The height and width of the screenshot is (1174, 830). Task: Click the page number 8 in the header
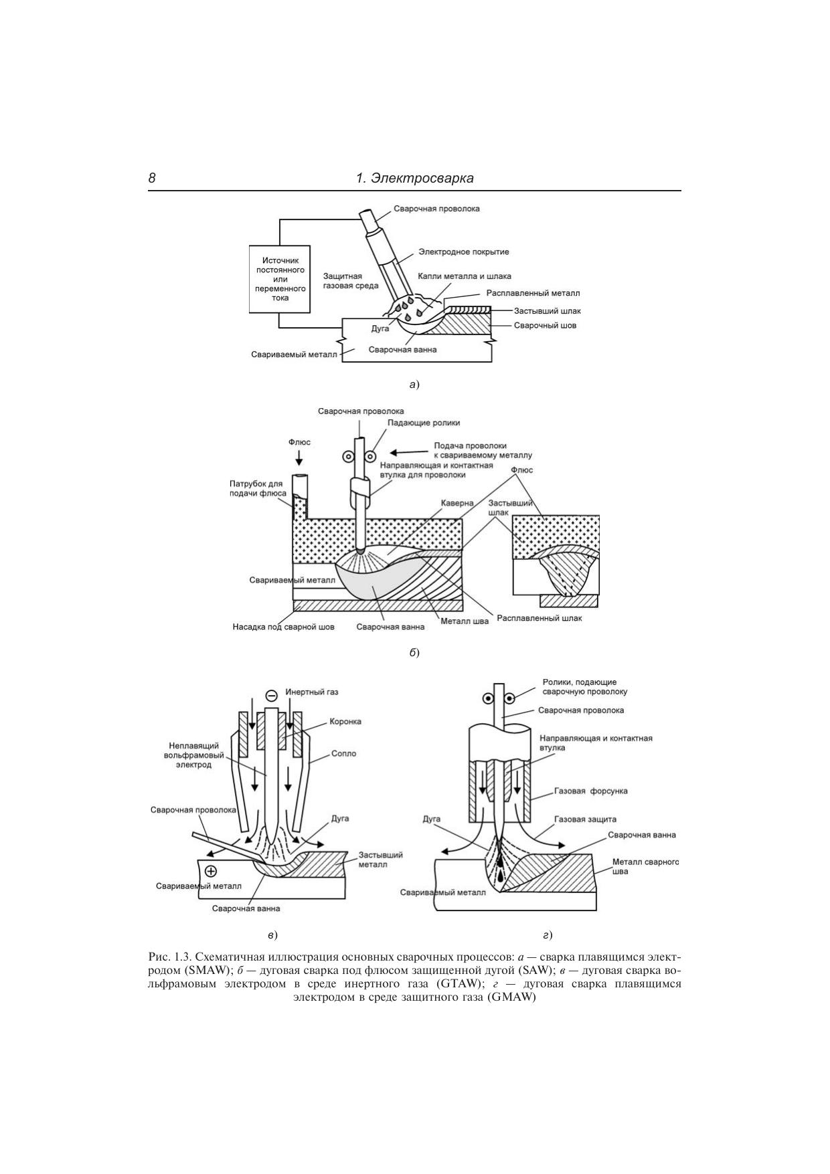pyautogui.click(x=153, y=178)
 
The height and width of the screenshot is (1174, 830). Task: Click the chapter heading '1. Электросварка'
pyautogui.click(x=415, y=178)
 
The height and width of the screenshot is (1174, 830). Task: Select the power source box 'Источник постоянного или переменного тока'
pyautogui.click(x=280, y=279)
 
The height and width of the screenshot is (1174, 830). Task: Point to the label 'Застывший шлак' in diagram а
pyautogui.click(x=548, y=310)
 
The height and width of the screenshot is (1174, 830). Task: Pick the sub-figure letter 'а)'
pyautogui.click(x=414, y=384)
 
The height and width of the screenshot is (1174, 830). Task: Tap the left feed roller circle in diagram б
pyautogui.click(x=349, y=458)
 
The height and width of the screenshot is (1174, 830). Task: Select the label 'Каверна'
pyautogui.click(x=458, y=502)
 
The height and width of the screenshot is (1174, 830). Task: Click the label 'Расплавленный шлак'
pyautogui.click(x=539, y=618)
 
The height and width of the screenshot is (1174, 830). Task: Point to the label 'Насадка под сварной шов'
pyautogui.click(x=284, y=627)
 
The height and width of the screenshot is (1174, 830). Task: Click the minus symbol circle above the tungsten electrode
pyautogui.click(x=272, y=695)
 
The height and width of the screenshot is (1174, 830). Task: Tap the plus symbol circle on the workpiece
pyautogui.click(x=212, y=870)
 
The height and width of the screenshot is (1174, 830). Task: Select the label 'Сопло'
pyautogui.click(x=344, y=753)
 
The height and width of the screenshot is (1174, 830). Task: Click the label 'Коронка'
pyautogui.click(x=345, y=721)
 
